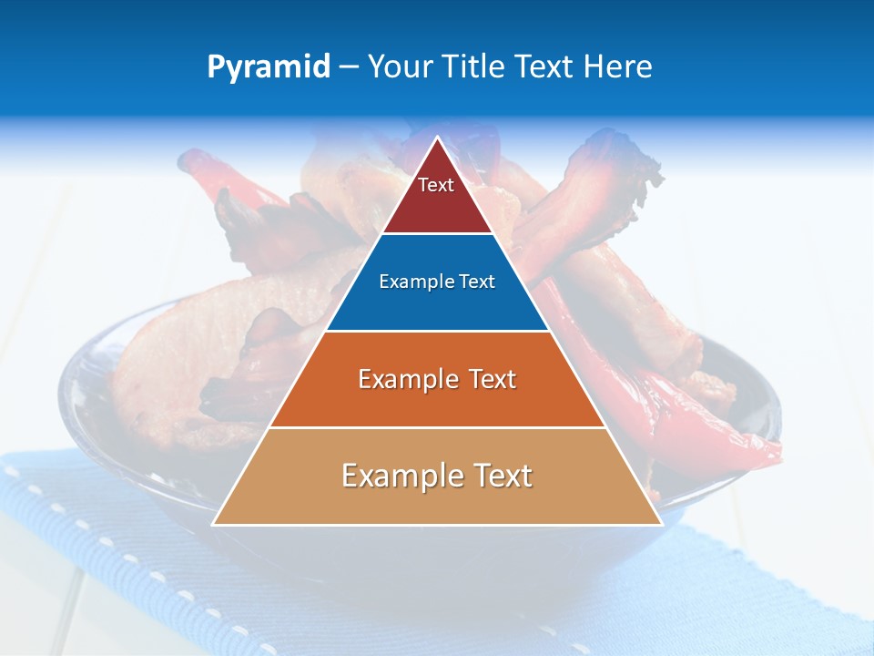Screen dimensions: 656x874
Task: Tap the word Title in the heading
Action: (473, 67)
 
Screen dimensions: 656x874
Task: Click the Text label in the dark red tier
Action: (436, 186)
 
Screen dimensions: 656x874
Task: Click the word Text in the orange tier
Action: (493, 379)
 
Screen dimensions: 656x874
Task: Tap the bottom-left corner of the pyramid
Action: (214, 524)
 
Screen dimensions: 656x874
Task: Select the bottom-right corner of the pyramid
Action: (661, 524)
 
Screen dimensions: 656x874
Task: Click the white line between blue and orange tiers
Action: (437, 331)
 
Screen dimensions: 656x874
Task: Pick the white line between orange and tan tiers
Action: (437, 427)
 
